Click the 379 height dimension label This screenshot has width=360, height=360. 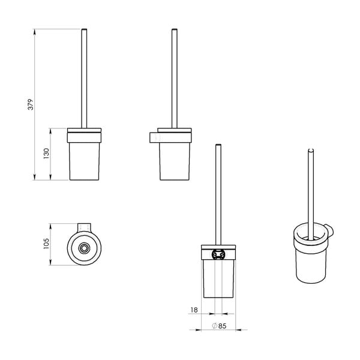[x=31, y=104]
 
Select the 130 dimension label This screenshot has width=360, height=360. [x=46, y=154]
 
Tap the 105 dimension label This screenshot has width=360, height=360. [x=46, y=244]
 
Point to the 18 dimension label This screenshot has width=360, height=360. [x=194, y=310]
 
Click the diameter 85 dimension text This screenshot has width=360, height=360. [x=219, y=326]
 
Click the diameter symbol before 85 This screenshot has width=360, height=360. [x=215, y=326]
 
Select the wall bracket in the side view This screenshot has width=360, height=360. [x=154, y=137]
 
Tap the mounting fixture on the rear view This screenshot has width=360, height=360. [x=217, y=254]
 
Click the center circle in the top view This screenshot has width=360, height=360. [x=84, y=248]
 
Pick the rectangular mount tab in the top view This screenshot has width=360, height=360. [x=84, y=227]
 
